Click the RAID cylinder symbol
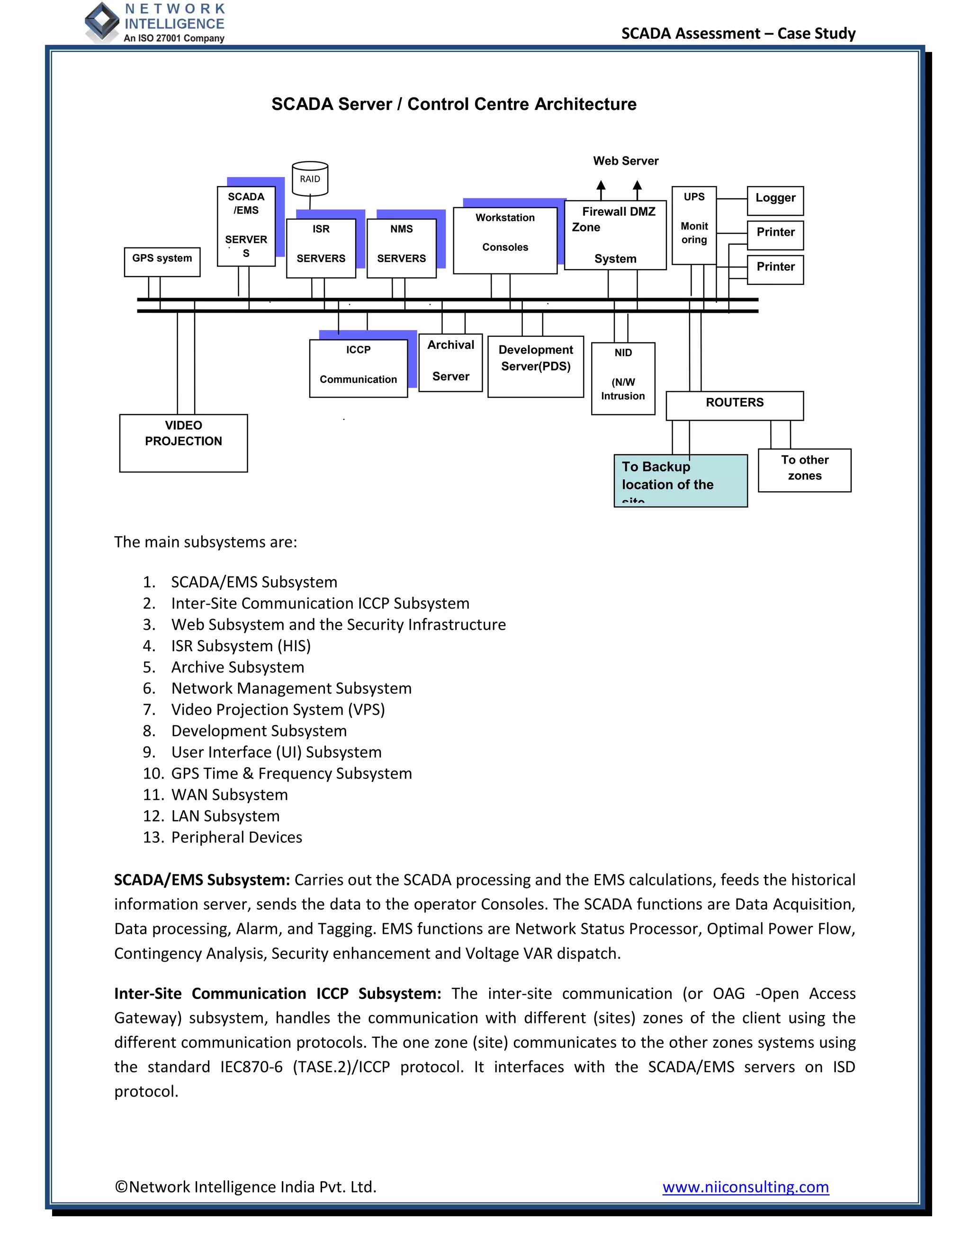coord(310,178)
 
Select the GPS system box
coord(162,262)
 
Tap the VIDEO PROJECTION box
coord(183,443)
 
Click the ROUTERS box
coord(735,406)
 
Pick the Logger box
coord(775,200)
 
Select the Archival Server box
coord(450,362)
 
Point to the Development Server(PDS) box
coord(536,366)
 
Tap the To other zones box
coord(805,470)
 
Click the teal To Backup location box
coord(681,480)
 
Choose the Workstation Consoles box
coord(504,240)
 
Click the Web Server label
coord(626,161)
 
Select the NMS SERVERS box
coord(401,248)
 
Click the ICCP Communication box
coord(358,368)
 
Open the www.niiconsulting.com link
coord(745,1186)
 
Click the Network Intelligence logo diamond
coord(102,22)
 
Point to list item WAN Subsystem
coord(229,795)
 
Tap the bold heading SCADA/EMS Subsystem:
coord(202,880)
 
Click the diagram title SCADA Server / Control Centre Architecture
coord(453,104)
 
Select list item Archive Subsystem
coord(237,667)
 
